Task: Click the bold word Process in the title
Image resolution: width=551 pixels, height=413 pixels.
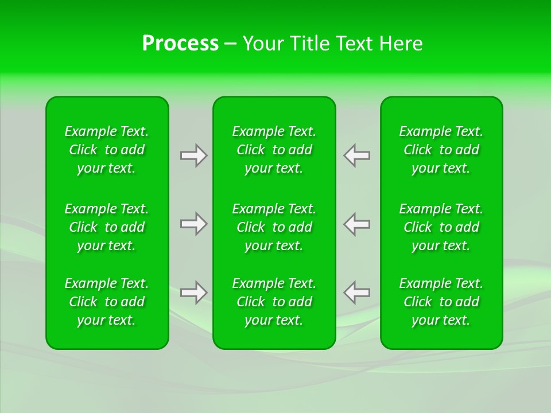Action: click(x=180, y=44)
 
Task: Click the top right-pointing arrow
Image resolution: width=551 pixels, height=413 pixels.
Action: click(x=193, y=155)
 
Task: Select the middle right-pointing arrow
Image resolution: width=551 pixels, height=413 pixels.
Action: click(x=193, y=224)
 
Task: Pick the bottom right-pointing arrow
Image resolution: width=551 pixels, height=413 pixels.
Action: click(x=193, y=293)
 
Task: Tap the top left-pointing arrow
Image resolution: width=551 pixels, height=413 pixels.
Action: click(x=357, y=155)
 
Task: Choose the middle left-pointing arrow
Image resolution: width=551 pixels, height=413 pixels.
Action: click(x=357, y=224)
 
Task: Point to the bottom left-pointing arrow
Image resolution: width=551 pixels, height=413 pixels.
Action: click(x=357, y=293)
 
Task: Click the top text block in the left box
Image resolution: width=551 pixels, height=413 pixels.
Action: click(x=107, y=150)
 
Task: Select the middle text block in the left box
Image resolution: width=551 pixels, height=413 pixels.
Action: click(x=107, y=227)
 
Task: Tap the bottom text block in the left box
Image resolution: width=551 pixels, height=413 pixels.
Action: click(x=107, y=302)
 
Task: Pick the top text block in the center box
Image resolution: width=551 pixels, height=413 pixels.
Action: click(x=274, y=150)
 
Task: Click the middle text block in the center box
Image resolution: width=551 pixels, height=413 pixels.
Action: click(x=274, y=227)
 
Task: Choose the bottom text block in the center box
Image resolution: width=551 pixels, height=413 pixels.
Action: click(x=274, y=302)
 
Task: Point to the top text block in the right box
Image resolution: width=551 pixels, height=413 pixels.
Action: click(x=441, y=150)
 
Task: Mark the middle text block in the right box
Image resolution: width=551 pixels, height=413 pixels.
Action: click(x=441, y=227)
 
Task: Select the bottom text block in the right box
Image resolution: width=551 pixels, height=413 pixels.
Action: click(x=441, y=302)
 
